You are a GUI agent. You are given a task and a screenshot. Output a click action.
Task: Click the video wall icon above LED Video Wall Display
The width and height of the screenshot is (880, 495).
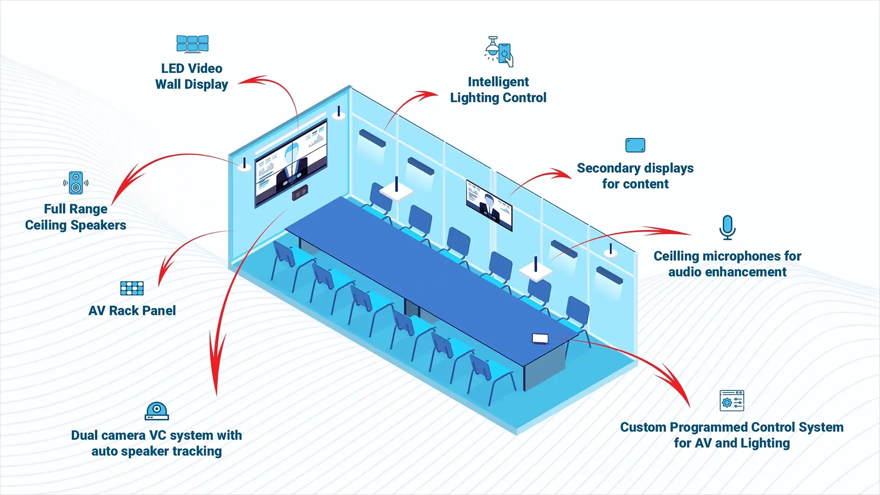(192, 44)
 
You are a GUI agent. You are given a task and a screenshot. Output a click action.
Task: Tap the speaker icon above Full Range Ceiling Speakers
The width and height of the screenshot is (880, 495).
(76, 183)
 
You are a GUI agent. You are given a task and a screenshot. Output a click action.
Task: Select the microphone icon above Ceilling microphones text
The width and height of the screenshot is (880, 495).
(727, 227)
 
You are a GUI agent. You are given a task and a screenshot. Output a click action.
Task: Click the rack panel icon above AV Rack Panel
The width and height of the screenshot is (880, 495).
(132, 288)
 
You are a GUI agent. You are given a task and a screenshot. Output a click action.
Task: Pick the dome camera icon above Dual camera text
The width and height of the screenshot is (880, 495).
(157, 411)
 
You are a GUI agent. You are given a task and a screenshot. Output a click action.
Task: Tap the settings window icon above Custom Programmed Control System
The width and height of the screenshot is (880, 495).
(731, 401)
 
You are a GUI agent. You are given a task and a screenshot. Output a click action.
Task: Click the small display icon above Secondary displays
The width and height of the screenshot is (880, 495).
(635, 145)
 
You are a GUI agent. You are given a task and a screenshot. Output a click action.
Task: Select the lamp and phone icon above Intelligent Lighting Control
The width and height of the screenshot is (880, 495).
(499, 52)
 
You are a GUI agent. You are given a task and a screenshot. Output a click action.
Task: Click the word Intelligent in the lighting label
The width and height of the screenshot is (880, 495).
(498, 82)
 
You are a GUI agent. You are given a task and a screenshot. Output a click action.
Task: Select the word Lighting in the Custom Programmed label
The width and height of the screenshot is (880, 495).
(765, 443)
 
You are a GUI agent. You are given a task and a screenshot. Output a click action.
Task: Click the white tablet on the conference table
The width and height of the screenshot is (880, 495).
(540, 338)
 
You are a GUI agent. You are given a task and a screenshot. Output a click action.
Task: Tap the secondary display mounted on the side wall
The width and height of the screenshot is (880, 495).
(489, 205)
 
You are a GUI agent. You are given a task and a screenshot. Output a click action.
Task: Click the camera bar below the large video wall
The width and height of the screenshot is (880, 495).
(300, 192)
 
